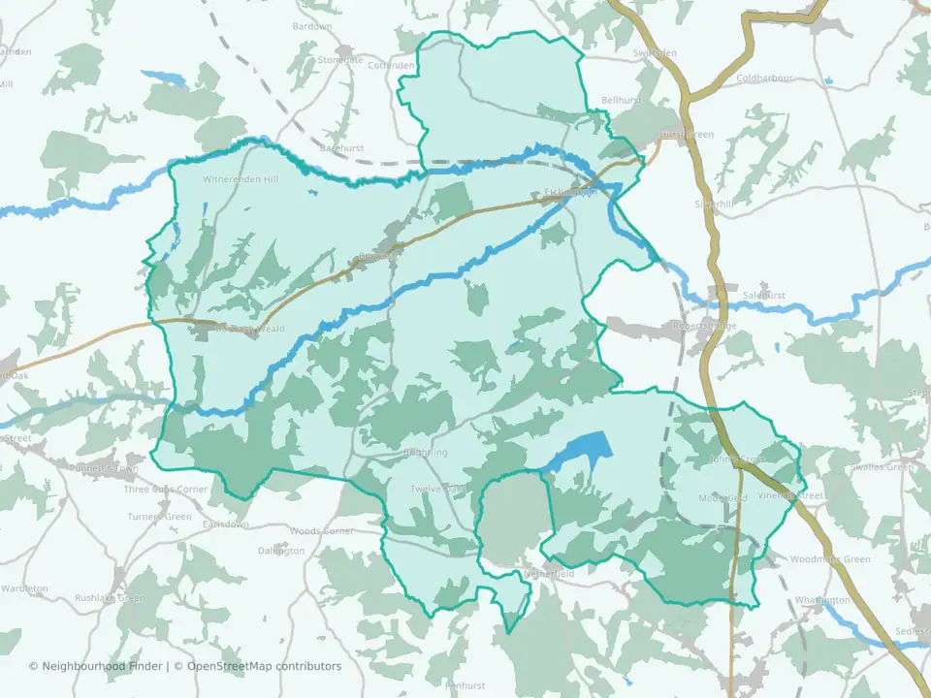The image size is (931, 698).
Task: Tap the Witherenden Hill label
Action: pos(240,180)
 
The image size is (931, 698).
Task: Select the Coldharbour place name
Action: pos(764,79)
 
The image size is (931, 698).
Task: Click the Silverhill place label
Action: pos(714,205)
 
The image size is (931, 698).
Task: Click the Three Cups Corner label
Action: pos(166,490)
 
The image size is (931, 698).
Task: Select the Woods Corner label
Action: pos(322,531)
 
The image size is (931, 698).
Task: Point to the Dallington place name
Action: pos(281,551)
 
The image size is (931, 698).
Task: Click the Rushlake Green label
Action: pos(110,598)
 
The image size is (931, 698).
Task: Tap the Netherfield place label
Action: pos(549,574)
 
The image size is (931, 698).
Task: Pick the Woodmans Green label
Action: pos(830,559)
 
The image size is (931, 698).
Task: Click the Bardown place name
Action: pos(311,26)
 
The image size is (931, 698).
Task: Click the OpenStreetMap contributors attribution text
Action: pos(264,666)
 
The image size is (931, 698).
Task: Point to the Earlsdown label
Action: pos(226,524)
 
